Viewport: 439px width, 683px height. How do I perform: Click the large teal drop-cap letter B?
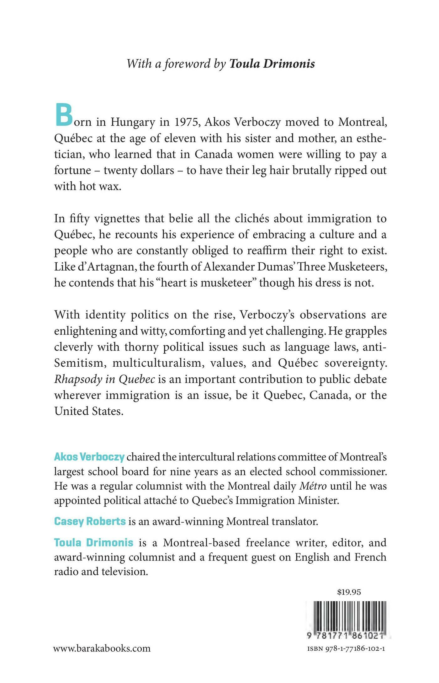coord(64,116)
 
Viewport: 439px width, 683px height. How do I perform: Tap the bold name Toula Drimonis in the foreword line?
coord(272,64)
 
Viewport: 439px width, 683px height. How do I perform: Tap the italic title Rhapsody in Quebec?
coord(104,379)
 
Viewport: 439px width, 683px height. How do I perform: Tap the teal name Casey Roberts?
coord(90,521)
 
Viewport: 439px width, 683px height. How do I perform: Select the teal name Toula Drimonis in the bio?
coord(94,542)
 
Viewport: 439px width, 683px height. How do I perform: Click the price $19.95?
coord(349,592)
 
